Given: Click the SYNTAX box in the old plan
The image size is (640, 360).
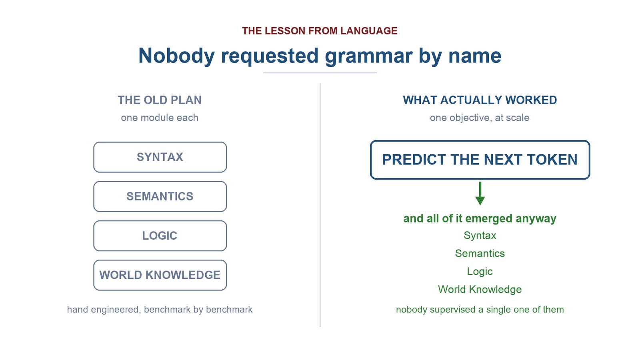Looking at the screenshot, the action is (x=160, y=157).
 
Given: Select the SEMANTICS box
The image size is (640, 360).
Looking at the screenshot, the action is (x=160, y=196).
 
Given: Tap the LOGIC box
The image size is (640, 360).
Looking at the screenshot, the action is (x=160, y=236).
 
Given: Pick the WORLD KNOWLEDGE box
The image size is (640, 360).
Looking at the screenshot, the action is (x=160, y=275).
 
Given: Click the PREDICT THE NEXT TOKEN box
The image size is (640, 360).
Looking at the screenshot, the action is (x=480, y=160).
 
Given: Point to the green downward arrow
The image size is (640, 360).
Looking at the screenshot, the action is (x=480, y=194).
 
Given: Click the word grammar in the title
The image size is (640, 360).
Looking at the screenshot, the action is (x=368, y=56).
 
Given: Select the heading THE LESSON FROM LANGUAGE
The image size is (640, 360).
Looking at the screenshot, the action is (x=320, y=31).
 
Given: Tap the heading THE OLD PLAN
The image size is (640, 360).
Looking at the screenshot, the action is (x=160, y=100).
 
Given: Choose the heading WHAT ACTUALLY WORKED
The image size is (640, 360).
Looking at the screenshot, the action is (x=480, y=100).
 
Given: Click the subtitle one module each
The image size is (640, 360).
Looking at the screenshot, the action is (x=160, y=118).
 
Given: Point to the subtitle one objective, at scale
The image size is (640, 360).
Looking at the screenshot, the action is (x=480, y=118).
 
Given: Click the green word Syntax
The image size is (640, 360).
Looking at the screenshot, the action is (x=480, y=236).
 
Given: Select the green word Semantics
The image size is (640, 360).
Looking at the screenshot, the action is (x=480, y=254).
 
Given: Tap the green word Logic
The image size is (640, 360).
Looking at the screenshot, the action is (x=480, y=272).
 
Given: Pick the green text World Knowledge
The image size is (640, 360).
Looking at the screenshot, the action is (x=480, y=290).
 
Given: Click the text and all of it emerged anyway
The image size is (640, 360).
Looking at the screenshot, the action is (x=480, y=218).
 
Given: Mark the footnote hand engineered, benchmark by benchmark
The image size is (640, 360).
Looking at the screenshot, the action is (x=160, y=310).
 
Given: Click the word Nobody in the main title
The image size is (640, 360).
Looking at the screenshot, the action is (x=176, y=56).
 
